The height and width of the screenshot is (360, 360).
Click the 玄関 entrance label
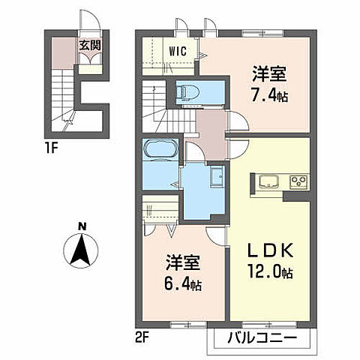92,46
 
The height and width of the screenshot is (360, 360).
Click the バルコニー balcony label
259,340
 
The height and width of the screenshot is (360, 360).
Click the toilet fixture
186,93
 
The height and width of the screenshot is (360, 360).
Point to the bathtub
159,149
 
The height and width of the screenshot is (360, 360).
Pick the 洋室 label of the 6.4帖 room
183,264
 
